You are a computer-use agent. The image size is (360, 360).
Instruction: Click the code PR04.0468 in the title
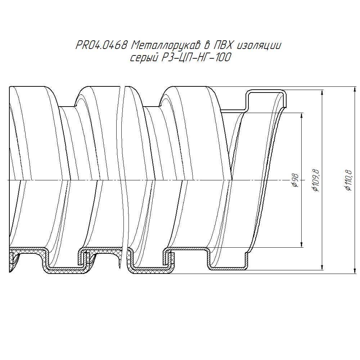click(101, 45)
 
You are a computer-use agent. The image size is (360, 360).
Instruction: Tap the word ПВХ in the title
click(222, 45)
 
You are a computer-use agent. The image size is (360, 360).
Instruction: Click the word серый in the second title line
click(144, 57)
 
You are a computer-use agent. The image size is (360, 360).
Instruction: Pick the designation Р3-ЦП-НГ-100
click(196, 57)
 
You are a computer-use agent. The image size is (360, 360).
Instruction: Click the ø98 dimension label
click(296, 180)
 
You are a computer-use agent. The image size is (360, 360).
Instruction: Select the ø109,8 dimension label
click(316, 180)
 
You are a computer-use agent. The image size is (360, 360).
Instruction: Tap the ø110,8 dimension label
click(348, 180)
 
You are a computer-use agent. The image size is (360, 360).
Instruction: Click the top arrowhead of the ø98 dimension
click(302, 116)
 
